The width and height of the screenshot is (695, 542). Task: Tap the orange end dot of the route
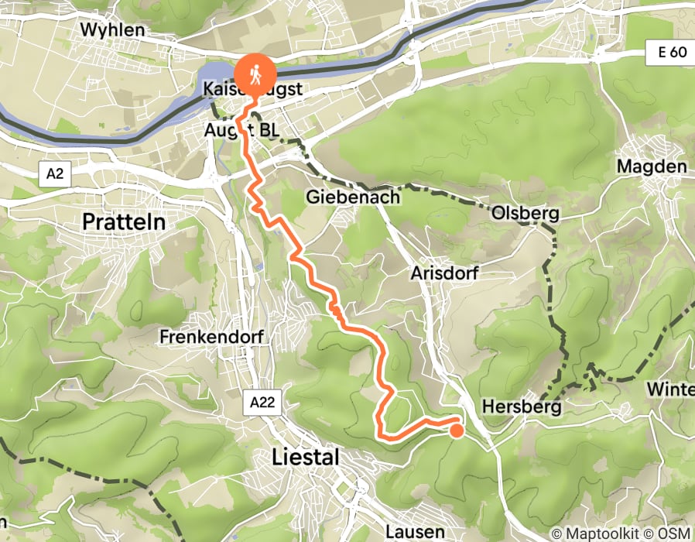coord(457,431)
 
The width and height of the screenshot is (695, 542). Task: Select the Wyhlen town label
coord(112,29)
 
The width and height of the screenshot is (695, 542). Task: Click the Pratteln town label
coord(124,222)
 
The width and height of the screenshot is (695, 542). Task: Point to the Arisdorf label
coord(444,273)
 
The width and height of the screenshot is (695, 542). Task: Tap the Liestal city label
coord(306,458)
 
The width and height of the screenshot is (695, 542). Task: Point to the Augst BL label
coord(241,129)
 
